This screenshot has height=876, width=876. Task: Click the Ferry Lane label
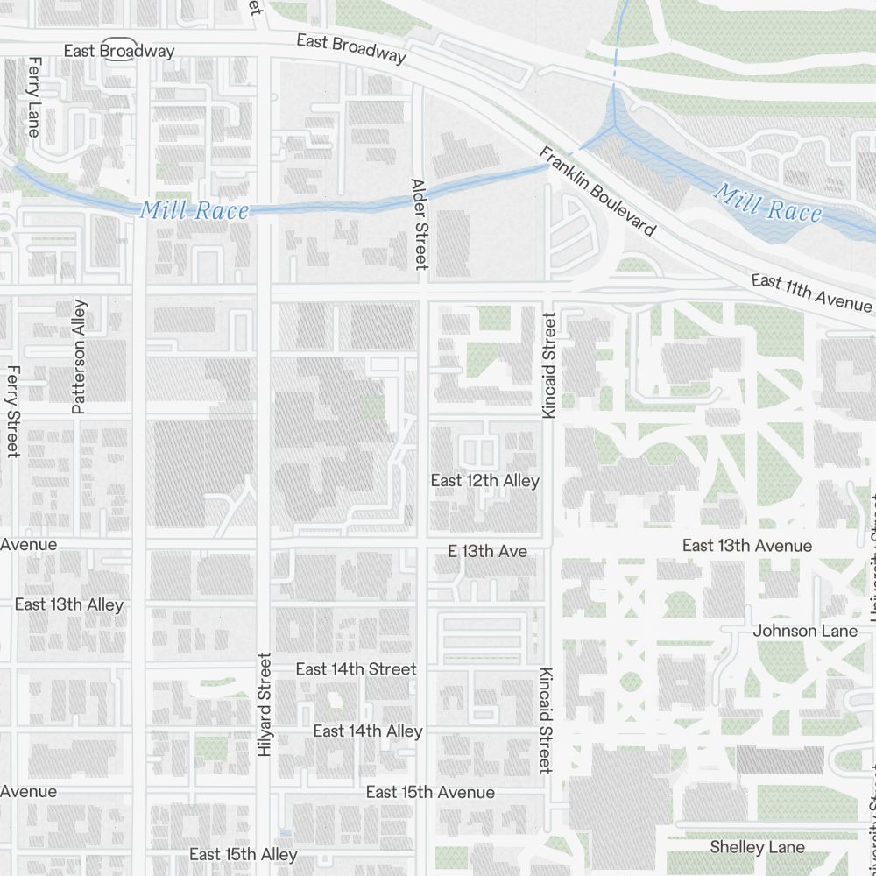pos(34,97)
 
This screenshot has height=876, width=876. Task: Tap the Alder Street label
pos(420,223)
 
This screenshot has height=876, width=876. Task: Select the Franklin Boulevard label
pos(597,191)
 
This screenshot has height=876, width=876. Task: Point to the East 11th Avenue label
pos(811,293)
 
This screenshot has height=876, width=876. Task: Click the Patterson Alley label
pos(81,357)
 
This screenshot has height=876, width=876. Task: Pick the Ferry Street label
pos(13,411)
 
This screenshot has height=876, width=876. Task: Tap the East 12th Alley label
pos(484,481)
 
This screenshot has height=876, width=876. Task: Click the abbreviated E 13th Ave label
pos(487,551)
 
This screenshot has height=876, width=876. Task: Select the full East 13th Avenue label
pos(746,546)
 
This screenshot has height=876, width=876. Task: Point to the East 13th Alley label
pos(68,604)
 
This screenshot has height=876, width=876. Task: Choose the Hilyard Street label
pos(265,704)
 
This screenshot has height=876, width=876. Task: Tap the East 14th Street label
pos(356,669)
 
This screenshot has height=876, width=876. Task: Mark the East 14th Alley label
pos(368,731)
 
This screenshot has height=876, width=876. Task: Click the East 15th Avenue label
pos(430,792)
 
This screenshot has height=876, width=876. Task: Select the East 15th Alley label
pos(244,854)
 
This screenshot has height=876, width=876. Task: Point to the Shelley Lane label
pos(757,847)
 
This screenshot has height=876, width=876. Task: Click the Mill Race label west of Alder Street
pos(194,210)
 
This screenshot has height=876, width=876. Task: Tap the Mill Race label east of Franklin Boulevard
pos(767,202)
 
